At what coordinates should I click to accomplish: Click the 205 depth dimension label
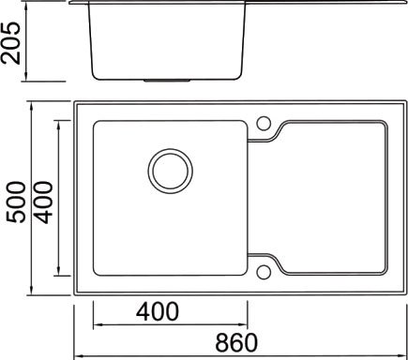(11, 43)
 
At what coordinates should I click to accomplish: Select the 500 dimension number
(16, 202)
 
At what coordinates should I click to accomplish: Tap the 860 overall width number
(236, 343)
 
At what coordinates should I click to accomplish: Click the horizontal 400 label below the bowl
(158, 311)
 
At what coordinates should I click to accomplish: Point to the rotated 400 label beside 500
(43, 202)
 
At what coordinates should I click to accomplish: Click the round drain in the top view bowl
(171, 171)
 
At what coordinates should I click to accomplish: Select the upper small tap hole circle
(264, 123)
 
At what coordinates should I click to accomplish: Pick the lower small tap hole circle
(264, 272)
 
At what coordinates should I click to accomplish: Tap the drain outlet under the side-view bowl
(167, 81)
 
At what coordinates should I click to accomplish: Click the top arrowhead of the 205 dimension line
(26, 7)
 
